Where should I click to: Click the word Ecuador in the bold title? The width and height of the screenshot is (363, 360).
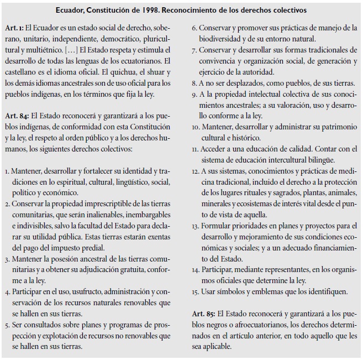(x=70, y=10)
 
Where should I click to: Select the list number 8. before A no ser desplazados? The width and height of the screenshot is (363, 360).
(x=193, y=83)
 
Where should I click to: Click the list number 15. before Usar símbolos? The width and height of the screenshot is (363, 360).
(x=194, y=291)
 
